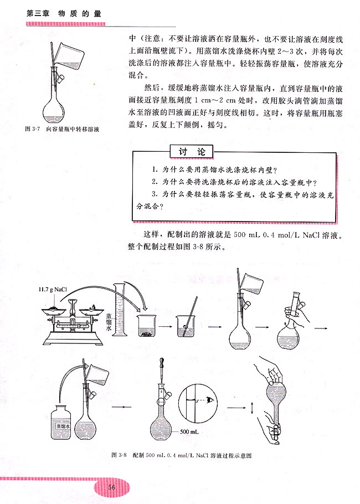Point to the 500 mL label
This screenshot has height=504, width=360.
click(188, 430)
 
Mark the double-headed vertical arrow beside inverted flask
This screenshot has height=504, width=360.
click(252, 409)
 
